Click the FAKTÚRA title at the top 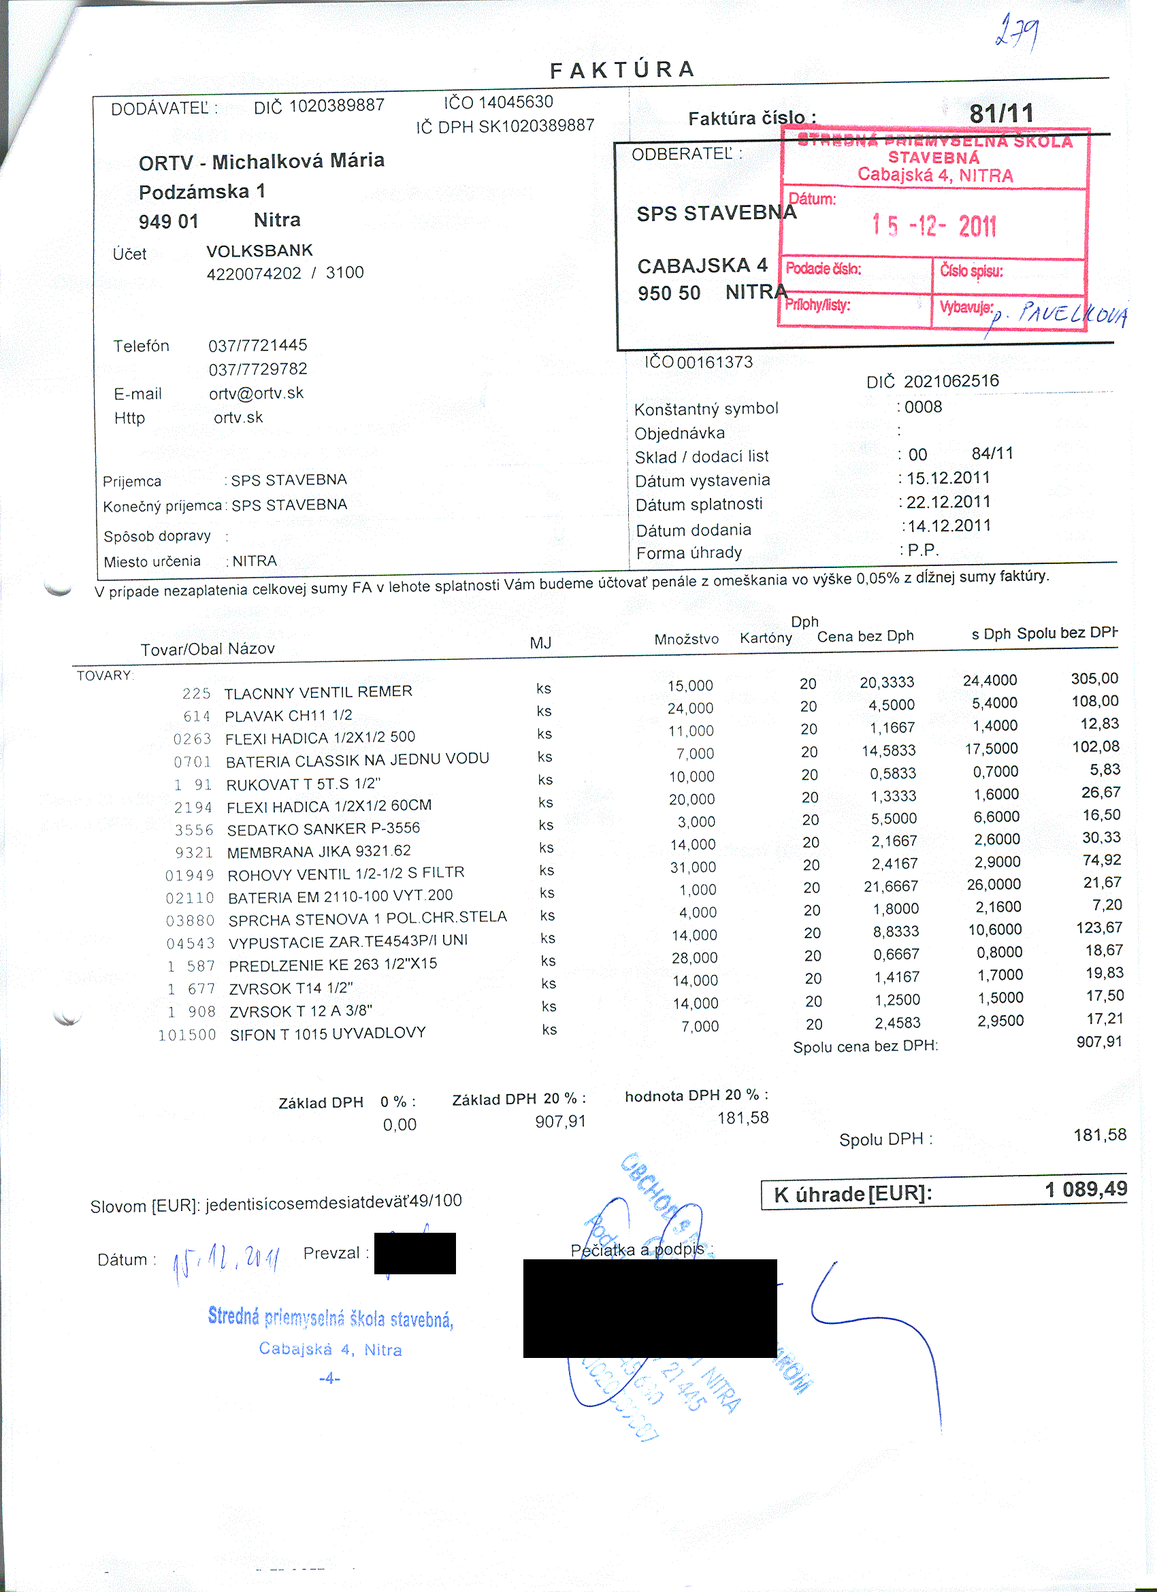(623, 69)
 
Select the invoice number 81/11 (1001, 114)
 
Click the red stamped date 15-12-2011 (934, 225)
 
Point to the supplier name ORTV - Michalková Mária (261, 161)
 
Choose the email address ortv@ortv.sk (257, 393)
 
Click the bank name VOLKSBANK (260, 250)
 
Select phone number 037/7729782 (258, 369)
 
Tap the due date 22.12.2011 (948, 502)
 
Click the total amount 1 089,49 (1086, 1189)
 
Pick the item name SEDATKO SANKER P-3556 (323, 829)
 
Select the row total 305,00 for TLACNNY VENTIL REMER (1094, 678)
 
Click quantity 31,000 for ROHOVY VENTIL (693, 867)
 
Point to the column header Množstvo (686, 640)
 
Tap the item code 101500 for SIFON (186, 1035)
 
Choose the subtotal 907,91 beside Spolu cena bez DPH (1098, 1042)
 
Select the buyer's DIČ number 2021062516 (951, 381)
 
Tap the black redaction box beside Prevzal (415, 1253)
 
